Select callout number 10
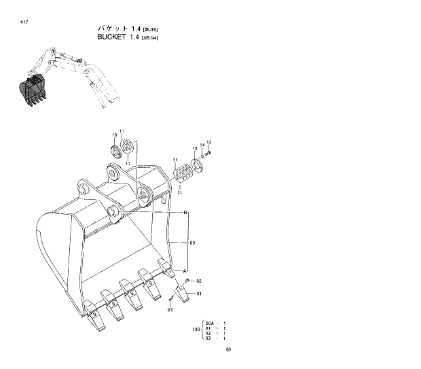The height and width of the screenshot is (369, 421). click(x=114, y=135)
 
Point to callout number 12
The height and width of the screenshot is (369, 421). click(x=194, y=148)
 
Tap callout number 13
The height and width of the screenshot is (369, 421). click(x=209, y=142)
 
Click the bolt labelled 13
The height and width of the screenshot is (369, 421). click(x=209, y=153)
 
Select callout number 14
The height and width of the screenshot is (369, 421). click(x=202, y=145)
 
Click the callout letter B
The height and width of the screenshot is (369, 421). click(x=185, y=213)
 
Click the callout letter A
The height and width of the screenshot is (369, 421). click(x=185, y=270)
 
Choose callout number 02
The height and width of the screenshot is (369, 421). click(x=199, y=281)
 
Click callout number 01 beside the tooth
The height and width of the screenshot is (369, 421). click(x=200, y=294)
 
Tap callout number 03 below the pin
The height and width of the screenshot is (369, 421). click(x=170, y=310)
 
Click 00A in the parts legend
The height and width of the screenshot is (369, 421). click(x=210, y=323)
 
